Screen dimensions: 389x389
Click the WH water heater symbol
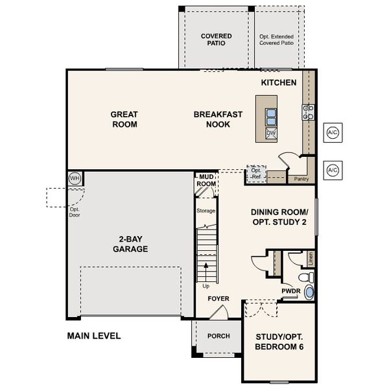click(x=75, y=178)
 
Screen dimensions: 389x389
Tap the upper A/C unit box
click(x=332, y=132)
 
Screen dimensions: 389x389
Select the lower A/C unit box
click(x=332, y=170)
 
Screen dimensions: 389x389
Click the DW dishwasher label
click(x=271, y=134)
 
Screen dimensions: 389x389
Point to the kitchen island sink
click(x=271, y=116)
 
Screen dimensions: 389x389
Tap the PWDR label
click(x=290, y=291)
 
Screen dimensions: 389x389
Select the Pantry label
click(x=300, y=178)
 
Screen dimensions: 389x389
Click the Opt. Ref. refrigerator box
click(x=256, y=174)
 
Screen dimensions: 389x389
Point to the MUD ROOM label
click(x=206, y=180)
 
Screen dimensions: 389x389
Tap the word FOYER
click(x=218, y=299)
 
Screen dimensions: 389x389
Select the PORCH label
click(x=218, y=336)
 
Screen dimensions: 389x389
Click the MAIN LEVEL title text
click(x=94, y=336)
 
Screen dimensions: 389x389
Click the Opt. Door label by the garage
click(x=75, y=212)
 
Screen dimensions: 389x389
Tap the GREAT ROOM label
click(x=124, y=119)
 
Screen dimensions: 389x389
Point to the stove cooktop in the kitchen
click(x=308, y=112)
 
